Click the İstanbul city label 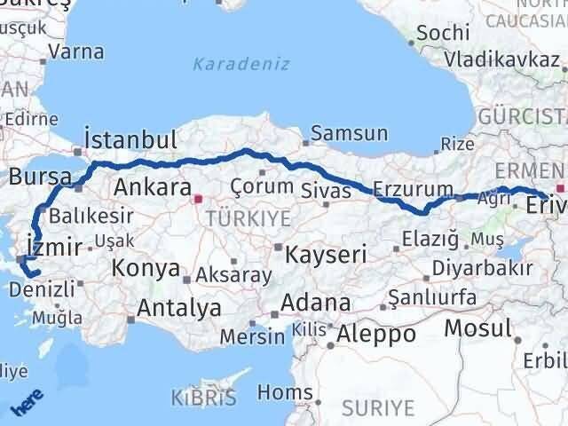[x=130, y=140]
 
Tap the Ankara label [x=154, y=187]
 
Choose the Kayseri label [x=326, y=255]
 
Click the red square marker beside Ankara [x=199, y=199]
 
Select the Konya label [x=146, y=269]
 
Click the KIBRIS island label [x=203, y=397]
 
